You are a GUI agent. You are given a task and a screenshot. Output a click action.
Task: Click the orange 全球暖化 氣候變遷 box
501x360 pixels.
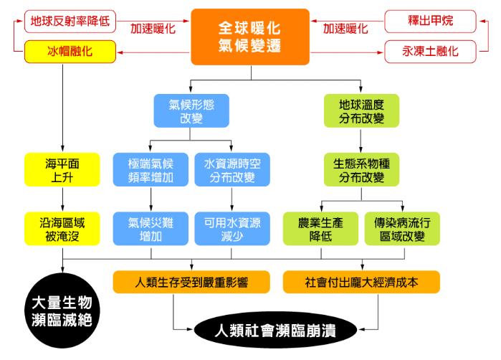coord(249,37)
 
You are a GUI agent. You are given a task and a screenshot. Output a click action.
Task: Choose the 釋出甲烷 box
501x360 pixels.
coord(431,21)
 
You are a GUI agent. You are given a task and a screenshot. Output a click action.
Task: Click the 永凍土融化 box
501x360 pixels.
coord(431,52)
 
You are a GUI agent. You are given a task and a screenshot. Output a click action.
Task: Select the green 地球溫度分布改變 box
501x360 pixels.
coord(362,110)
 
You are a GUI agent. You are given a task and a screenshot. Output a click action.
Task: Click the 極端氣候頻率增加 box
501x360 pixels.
coord(151,170)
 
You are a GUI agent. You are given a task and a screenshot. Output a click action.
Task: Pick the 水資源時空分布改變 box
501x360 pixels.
coord(231,170)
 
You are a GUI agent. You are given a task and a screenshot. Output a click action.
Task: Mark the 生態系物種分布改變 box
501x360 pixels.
coord(362,170)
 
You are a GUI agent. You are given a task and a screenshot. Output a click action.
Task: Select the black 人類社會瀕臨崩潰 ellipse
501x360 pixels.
coord(275,331)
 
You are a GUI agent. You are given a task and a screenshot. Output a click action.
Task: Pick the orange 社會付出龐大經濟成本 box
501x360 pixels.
coord(361,282)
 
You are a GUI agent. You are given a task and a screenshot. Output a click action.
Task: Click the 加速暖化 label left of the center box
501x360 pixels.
coord(153,29)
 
